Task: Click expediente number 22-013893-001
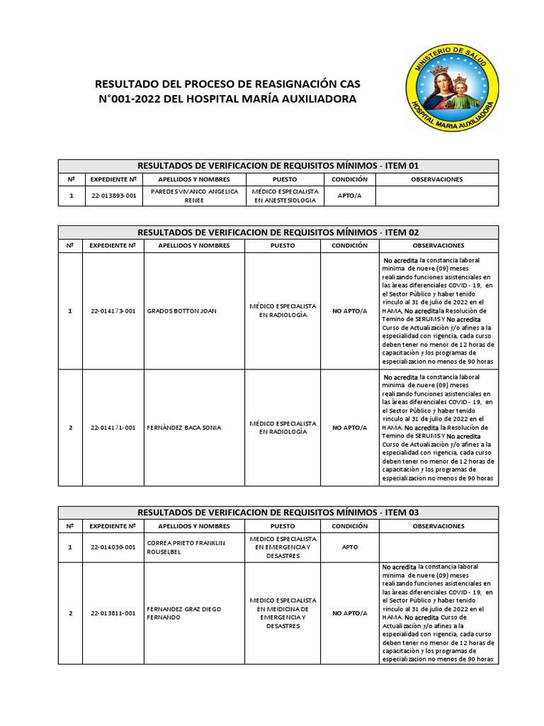tap(113, 196)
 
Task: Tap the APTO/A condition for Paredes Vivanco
tap(349, 196)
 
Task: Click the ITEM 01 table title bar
tap(278, 165)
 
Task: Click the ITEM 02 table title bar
tap(278, 232)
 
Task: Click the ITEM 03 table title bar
tap(278, 512)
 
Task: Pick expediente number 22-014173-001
tap(113, 311)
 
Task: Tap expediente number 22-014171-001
tap(113, 428)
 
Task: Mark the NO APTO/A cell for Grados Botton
tap(349, 311)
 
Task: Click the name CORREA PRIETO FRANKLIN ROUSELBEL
tap(185, 547)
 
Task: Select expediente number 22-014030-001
tap(113, 547)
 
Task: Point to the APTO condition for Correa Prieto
tap(349, 547)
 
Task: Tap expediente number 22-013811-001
tap(113, 613)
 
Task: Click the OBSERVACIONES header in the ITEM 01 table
tap(436, 179)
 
